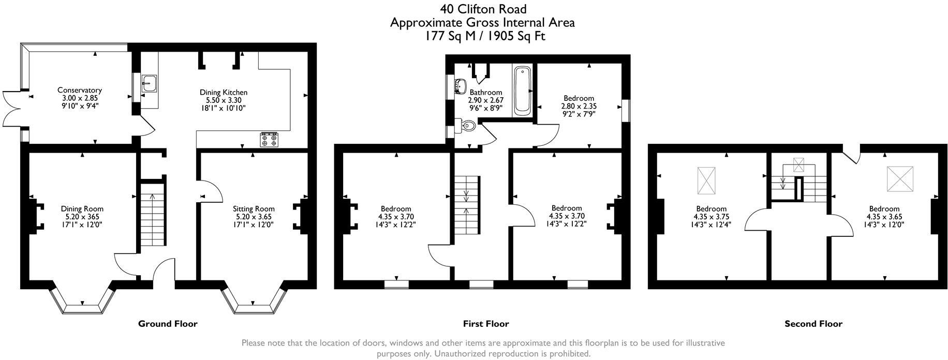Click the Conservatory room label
click(x=79, y=90)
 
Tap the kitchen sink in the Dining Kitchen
click(x=149, y=83)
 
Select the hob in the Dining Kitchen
click(x=269, y=140)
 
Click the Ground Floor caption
click(x=168, y=324)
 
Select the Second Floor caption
click(x=813, y=324)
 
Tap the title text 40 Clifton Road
click(x=483, y=9)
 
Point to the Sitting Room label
click(x=254, y=209)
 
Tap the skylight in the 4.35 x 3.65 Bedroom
click(x=900, y=179)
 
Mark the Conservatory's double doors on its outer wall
click(x=11, y=109)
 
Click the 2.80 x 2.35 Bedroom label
click(x=579, y=98)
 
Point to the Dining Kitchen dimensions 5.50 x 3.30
click(x=224, y=100)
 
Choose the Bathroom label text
click(x=485, y=93)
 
